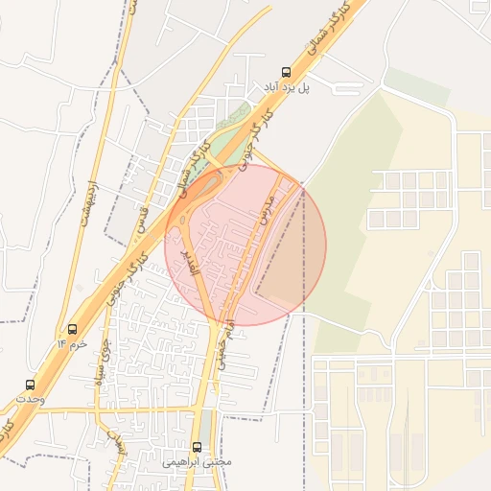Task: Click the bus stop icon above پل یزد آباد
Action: click(x=285, y=72)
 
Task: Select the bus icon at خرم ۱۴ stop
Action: click(x=73, y=330)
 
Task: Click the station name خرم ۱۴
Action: click(x=72, y=343)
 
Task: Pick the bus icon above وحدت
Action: click(x=29, y=385)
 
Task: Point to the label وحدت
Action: click(x=31, y=399)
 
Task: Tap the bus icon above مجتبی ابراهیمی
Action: click(x=198, y=447)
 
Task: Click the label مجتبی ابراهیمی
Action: click(x=198, y=461)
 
